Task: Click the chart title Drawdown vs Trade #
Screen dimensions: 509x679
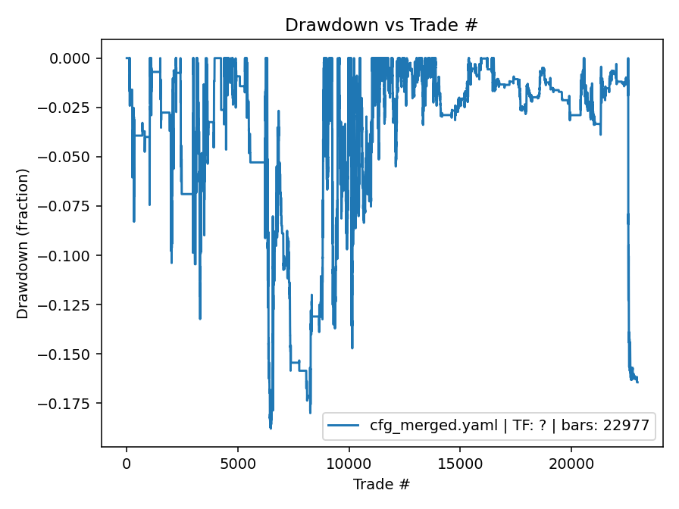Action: coord(381,25)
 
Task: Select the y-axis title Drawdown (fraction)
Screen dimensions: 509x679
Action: coord(23,243)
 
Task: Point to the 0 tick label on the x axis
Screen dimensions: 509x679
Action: coord(127,462)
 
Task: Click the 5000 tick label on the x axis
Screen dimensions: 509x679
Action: coord(238,462)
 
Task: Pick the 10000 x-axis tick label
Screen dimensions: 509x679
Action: coord(349,462)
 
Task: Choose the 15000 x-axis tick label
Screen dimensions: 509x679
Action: coord(460,462)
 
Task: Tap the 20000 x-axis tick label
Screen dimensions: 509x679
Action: coord(571,462)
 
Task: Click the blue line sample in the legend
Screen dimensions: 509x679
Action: coord(344,426)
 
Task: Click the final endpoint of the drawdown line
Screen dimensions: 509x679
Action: coord(637,383)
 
